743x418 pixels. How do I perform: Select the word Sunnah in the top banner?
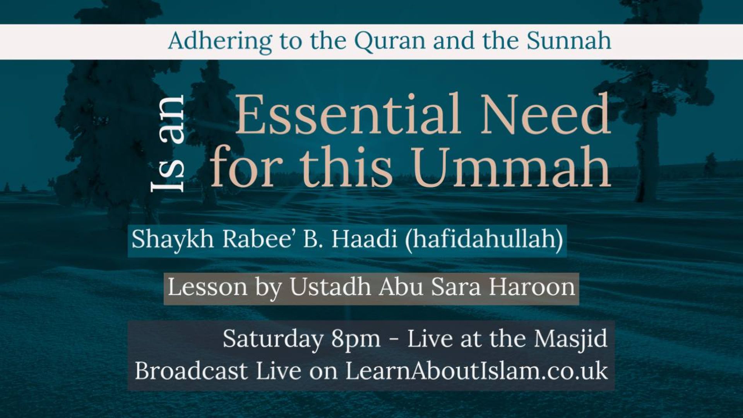(569, 40)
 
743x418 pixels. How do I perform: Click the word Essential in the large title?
(348, 114)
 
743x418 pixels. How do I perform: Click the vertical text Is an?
(167, 144)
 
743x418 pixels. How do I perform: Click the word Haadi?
(364, 239)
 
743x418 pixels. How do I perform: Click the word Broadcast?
(191, 371)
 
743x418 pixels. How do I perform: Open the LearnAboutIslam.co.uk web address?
(477, 371)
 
